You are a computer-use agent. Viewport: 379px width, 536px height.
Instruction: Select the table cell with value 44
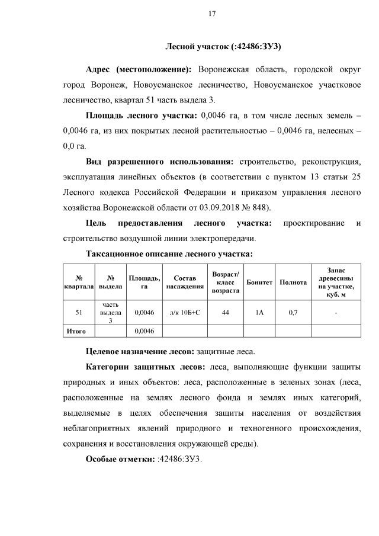click(x=225, y=312)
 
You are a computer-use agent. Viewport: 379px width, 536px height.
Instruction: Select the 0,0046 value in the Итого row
click(x=144, y=330)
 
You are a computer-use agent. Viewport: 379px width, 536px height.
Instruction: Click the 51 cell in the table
click(x=79, y=312)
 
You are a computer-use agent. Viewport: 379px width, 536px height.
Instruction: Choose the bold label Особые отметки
click(x=120, y=459)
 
